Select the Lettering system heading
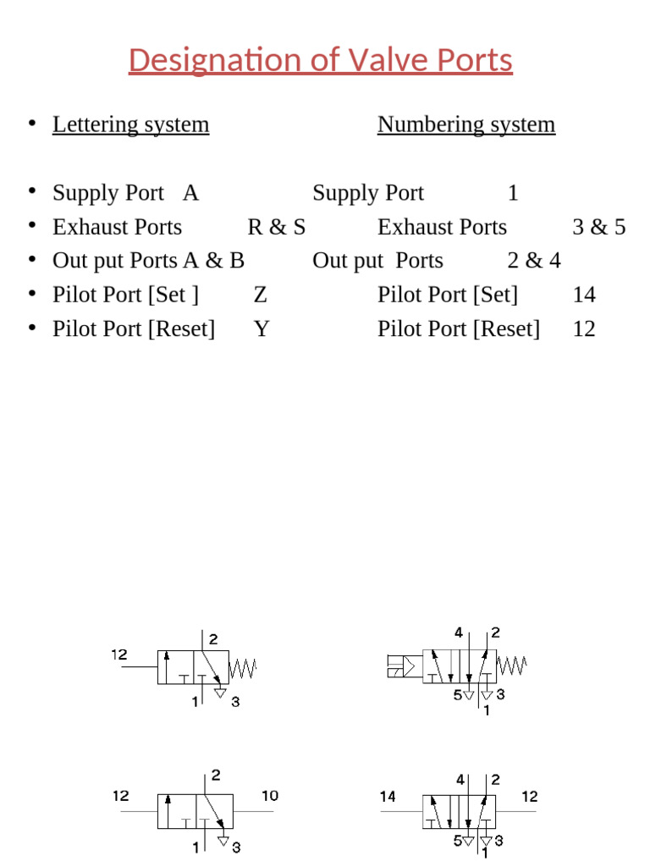pyautogui.click(x=130, y=124)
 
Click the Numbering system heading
pyautogui.click(x=466, y=124)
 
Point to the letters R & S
pyautogui.click(x=277, y=227)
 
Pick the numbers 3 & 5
pyautogui.click(x=598, y=227)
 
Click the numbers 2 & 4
pyautogui.click(x=534, y=261)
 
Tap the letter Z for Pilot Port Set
pyautogui.click(x=261, y=295)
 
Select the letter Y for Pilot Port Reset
pyautogui.click(x=262, y=329)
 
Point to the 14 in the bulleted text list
pyautogui.click(x=584, y=295)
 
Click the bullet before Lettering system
pyautogui.click(x=31, y=124)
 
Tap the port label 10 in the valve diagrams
pyautogui.click(x=269, y=796)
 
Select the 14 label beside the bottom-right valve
pyautogui.click(x=388, y=797)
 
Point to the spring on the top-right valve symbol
pyautogui.click(x=512, y=666)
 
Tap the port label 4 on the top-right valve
pyautogui.click(x=458, y=632)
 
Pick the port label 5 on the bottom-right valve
pyautogui.click(x=456, y=842)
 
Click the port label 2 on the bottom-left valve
pyautogui.click(x=215, y=775)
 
